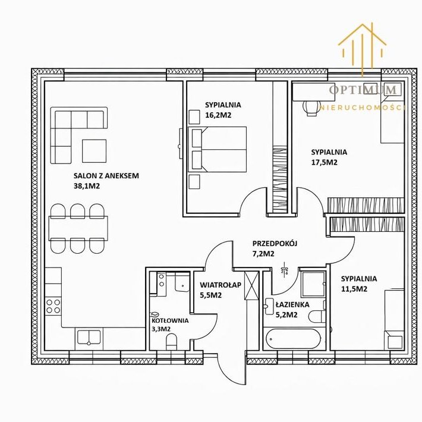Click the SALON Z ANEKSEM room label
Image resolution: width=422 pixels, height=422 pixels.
point(106,176)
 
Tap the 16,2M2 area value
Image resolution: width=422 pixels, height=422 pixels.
point(218,115)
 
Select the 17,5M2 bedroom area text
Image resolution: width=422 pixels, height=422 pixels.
point(325,162)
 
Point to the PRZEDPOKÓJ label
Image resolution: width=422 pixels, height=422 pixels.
point(275,244)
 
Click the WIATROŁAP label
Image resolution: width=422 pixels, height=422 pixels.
point(221,285)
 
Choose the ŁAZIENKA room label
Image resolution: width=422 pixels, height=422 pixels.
point(292,305)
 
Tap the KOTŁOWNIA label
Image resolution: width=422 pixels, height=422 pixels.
point(170,320)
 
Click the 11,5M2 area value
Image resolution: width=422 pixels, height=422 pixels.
point(354,289)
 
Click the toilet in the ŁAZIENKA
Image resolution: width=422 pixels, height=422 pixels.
point(317,316)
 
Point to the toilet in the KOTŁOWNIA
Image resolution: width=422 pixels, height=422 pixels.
point(171,342)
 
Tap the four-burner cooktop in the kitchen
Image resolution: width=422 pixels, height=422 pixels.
point(53,306)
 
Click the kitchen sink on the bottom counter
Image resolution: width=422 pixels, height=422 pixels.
point(89,337)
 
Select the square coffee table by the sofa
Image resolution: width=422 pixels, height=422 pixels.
point(94,151)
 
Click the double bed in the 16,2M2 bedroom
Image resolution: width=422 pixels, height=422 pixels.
point(217,149)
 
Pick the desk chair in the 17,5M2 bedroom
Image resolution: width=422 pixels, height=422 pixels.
point(312,108)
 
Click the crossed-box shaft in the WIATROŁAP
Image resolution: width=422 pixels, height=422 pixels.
point(251,285)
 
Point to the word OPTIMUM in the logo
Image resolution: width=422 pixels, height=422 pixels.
point(363,90)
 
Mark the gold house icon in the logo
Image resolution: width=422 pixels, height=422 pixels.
point(362,49)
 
